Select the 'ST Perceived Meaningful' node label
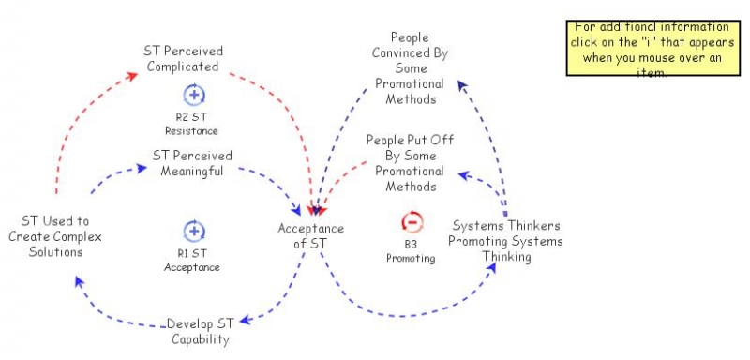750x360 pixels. tap(192, 162)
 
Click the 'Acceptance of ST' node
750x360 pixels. tap(311, 235)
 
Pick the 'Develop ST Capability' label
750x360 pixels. tap(200, 332)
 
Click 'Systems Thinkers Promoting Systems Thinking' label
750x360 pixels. tap(506, 241)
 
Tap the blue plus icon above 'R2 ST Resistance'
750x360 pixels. tap(194, 94)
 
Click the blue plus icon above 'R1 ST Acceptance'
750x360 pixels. tap(194, 231)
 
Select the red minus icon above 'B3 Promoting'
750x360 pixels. tap(412, 222)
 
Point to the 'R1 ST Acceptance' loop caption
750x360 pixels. tap(198, 260)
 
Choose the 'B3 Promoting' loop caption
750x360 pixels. tap(411, 251)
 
